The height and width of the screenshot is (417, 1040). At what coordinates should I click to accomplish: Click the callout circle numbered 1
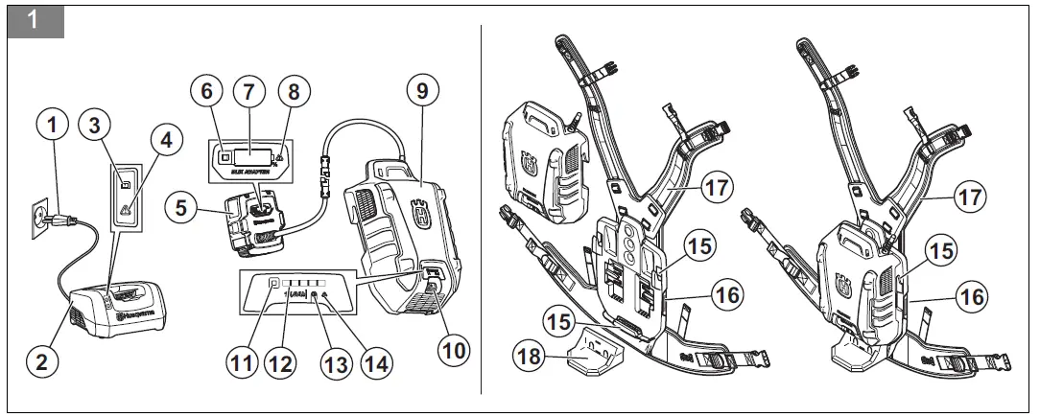tap(53, 123)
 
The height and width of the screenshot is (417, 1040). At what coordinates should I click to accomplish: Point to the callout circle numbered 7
tap(248, 91)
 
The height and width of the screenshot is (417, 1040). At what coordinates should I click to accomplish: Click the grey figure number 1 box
tap(35, 20)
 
